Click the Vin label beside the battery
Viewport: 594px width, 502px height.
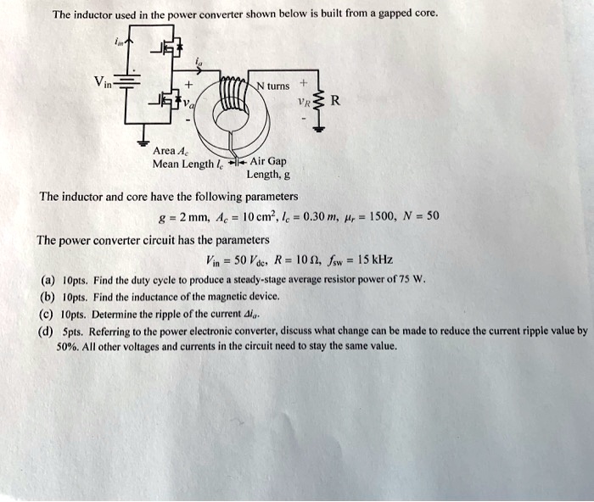[x=104, y=82]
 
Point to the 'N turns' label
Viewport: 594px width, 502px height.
[x=272, y=86]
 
